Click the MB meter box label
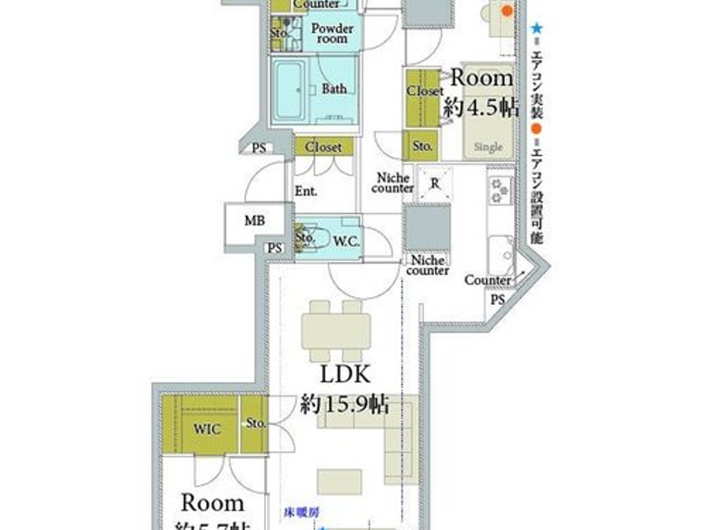pyautogui.click(x=255, y=221)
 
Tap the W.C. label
pyautogui.click(x=346, y=241)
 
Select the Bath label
pyautogui.click(x=334, y=89)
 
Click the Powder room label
pyautogui.click(x=332, y=33)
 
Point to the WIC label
pyautogui.click(x=207, y=429)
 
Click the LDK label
pyautogui.click(x=345, y=375)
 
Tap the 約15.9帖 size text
pyautogui.click(x=344, y=404)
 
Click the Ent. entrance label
pyautogui.click(x=306, y=191)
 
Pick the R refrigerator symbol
pyautogui.click(x=435, y=184)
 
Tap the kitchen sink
pyautogui.click(x=501, y=255)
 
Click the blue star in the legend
pyautogui.click(x=537, y=28)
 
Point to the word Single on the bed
pyautogui.click(x=488, y=147)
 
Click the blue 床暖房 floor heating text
pyautogui.click(x=301, y=513)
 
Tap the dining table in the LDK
pyautogui.click(x=336, y=331)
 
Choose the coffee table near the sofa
pyautogui.click(x=339, y=482)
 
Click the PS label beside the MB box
pyautogui.click(x=275, y=248)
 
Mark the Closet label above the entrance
pyautogui.click(x=323, y=147)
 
